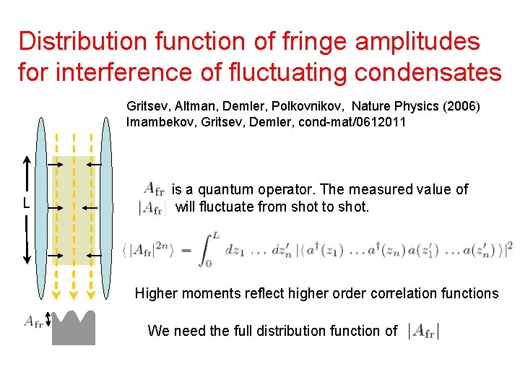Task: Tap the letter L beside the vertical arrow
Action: pyautogui.click(x=26, y=204)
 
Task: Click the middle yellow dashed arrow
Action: pyautogui.click(x=73, y=217)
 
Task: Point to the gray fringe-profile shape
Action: pyautogui.click(x=73, y=330)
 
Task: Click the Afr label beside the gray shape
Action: pyautogui.click(x=33, y=321)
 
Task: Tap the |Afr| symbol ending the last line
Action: pyautogui.click(x=423, y=331)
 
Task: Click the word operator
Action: pyautogui.click(x=292, y=190)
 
